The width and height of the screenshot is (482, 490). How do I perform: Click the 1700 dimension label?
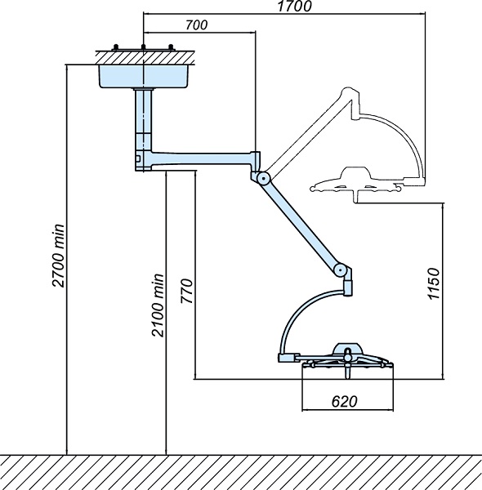[294, 7]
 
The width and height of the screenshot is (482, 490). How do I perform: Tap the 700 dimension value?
[196, 25]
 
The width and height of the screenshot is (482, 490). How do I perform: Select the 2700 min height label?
[59, 256]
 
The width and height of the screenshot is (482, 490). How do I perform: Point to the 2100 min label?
[158, 305]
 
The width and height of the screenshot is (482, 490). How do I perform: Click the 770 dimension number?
[186, 291]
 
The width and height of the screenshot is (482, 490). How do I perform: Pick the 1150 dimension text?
[434, 283]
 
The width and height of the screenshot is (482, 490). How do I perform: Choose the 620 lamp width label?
[344, 401]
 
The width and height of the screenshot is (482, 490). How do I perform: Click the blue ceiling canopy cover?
[144, 76]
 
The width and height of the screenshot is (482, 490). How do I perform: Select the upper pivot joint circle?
[264, 178]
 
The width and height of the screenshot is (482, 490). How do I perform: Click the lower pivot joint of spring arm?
[341, 269]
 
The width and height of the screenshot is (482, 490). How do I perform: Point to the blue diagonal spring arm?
[302, 224]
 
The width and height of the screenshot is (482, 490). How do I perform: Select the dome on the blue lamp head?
[347, 348]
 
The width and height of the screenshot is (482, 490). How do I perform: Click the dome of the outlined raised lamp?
[355, 173]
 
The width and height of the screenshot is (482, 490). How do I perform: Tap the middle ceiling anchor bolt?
[144, 47]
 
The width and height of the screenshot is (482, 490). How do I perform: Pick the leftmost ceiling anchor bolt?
[116, 47]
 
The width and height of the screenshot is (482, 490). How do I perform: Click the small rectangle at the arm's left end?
[138, 158]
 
